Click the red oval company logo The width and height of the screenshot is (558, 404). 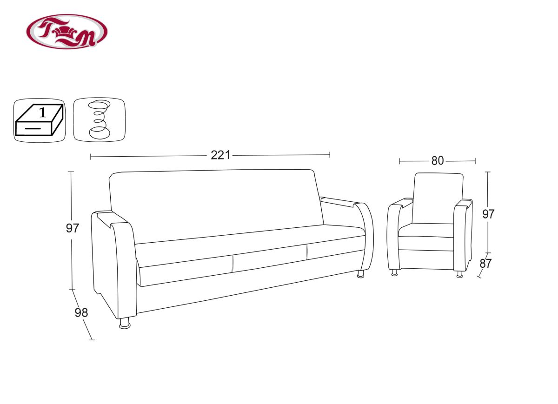[67, 32]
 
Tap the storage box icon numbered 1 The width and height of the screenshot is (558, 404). [40, 120]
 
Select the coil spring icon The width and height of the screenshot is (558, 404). [99, 120]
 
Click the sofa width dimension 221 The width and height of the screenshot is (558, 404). [220, 155]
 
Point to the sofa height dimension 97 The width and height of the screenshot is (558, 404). [73, 228]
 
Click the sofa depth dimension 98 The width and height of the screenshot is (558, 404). [81, 312]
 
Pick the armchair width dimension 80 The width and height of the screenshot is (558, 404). [438, 161]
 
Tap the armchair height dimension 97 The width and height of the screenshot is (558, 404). [488, 214]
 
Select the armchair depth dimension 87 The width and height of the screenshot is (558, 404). [485, 264]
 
